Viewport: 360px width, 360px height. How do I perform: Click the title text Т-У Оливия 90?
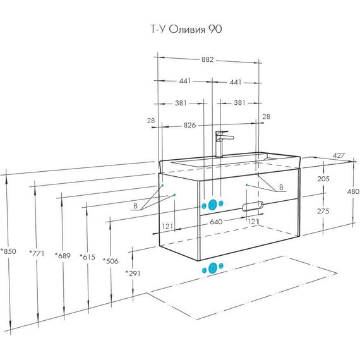tap(186, 29)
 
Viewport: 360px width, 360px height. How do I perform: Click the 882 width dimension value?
tap(208, 59)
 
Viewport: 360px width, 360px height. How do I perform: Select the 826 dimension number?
tap(190, 125)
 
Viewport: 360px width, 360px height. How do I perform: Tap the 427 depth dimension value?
tap(339, 155)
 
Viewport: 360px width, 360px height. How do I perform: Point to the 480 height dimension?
tap(353, 191)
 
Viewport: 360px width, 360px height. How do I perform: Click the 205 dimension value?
tap(323, 179)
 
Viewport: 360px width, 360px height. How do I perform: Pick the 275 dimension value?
tap(323, 211)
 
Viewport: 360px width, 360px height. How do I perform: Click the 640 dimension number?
tap(216, 222)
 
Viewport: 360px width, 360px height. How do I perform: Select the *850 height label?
tap(8, 251)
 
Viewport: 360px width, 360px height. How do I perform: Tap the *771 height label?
tap(37, 253)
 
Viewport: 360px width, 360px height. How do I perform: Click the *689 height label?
tap(63, 256)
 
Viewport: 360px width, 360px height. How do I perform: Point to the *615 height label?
tap(88, 256)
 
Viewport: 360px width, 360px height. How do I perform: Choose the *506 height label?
tap(111, 261)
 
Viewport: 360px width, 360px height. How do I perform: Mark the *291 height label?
tap(133, 273)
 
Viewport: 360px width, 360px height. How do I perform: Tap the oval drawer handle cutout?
tap(253, 206)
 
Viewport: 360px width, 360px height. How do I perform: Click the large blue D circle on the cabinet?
tap(213, 205)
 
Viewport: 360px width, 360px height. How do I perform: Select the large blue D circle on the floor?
tap(213, 268)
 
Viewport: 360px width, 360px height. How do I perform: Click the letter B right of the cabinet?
tap(281, 188)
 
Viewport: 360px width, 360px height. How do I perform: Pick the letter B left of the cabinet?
tap(135, 206)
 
